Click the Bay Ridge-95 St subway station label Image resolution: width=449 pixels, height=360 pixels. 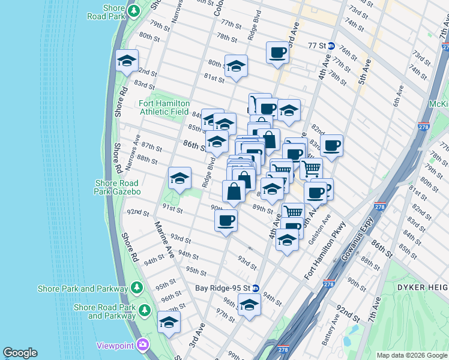click(222, 288)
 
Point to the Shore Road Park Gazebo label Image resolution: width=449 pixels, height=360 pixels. click(116, 187)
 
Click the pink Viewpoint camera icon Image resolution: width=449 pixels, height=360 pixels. click(143, 344)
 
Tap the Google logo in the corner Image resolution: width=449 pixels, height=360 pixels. click(20, 353)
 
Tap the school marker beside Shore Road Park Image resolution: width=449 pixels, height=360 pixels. click(127, 61)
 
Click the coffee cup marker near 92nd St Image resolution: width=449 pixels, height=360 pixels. click(226, 220)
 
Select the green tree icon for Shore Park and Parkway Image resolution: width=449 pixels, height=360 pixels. click(137, 288)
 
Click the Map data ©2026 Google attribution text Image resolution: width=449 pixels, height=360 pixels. click(411, 355)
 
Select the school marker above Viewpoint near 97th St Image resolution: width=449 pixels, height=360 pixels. click(169, 322)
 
